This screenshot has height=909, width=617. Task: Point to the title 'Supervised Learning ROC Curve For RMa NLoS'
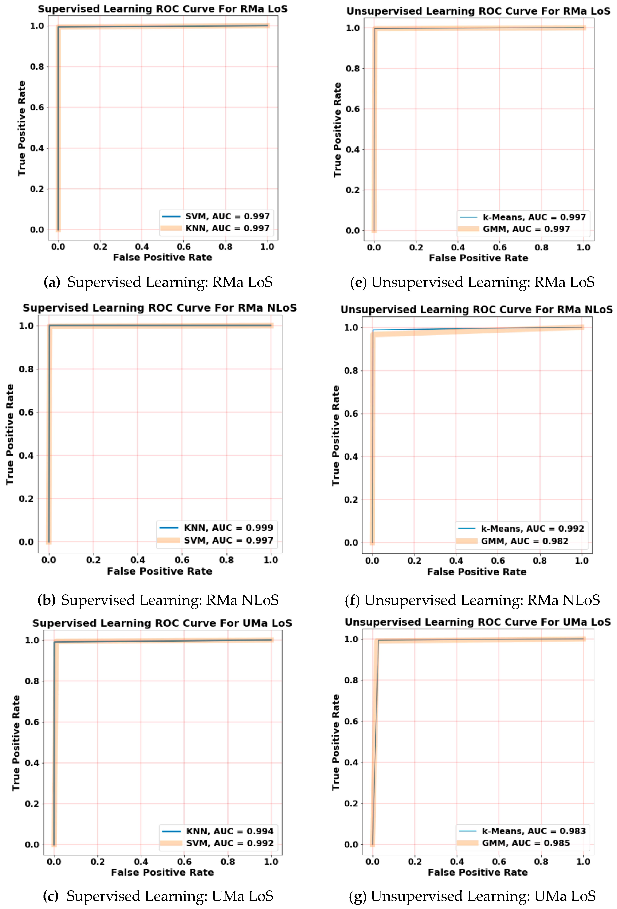click(x=160, y=308)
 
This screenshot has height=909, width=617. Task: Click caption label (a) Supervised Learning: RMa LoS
click(x=158, y=282)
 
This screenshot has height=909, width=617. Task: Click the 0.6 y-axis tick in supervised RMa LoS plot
click(x=37, y=108)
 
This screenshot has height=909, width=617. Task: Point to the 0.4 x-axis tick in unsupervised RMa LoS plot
click(x=458, y=247)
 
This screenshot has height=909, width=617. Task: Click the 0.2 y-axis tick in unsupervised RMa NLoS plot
click(x=351, y=500)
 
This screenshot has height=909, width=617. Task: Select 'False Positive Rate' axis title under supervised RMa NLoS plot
click(x=160, y=571)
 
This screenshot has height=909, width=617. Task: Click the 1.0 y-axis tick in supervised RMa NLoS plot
click(x=26, y=326)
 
